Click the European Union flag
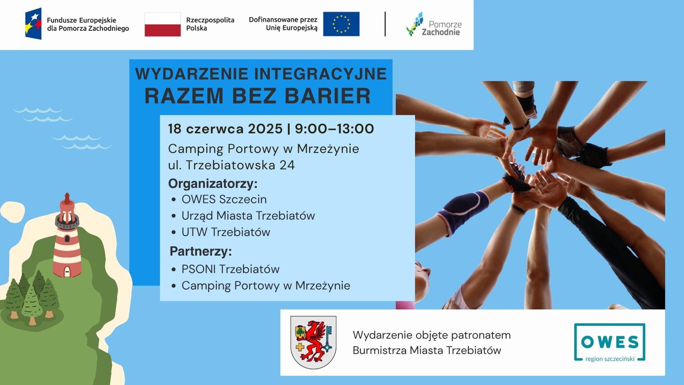[x=341, y=24]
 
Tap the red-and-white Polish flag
[x=163, y=24]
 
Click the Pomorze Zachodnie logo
[x=434, y=24]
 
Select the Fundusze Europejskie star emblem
[x=33, y=24]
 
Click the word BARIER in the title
[x=328, y=96]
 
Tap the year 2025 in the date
[x=265, y=129]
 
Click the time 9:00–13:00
[x=335, y=129]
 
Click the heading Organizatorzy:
[x=213, y=184]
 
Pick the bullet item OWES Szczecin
[x=224, y=199]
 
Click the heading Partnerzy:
[x=201, y=251]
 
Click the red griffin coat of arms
[x=313, y=342]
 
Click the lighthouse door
[x=67, y=272]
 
